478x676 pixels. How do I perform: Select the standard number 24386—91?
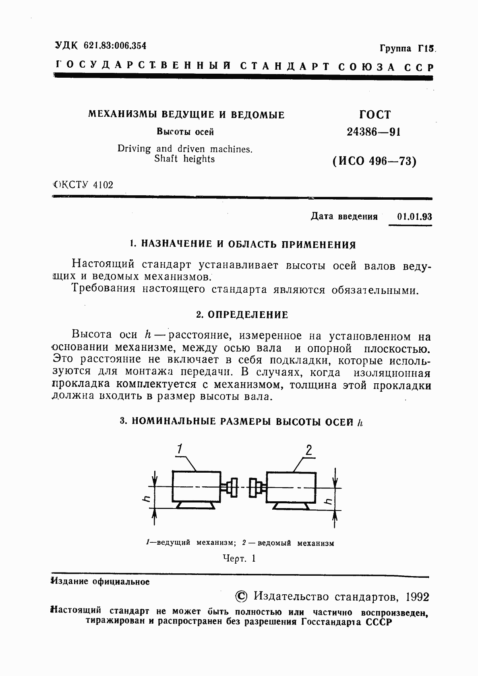click(374, 132)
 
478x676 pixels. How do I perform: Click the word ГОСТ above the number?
click(375, 115)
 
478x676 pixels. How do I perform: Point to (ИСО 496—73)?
click(374, 161)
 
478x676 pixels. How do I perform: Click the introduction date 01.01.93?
click(414, 217)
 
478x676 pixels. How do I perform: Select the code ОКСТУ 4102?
click(84, 185)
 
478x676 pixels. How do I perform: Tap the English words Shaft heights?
click(184, 159)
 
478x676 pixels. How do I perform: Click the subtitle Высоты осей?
click(185, 132)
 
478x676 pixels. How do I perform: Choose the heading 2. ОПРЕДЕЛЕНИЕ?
click(242, 314)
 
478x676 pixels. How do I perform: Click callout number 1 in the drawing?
click(180, 449)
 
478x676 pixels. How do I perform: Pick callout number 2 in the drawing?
click(309, 450)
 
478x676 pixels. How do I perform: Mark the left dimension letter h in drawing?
click(147, 499)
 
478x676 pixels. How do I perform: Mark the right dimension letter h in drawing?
click(328, 501)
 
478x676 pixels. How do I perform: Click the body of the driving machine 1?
click(196, 486)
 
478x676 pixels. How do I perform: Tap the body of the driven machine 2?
click(291, 487)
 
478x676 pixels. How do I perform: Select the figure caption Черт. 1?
click(239, 558)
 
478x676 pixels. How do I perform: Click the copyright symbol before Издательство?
click(241, 596)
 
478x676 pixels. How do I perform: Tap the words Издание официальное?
click(100, 581)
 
